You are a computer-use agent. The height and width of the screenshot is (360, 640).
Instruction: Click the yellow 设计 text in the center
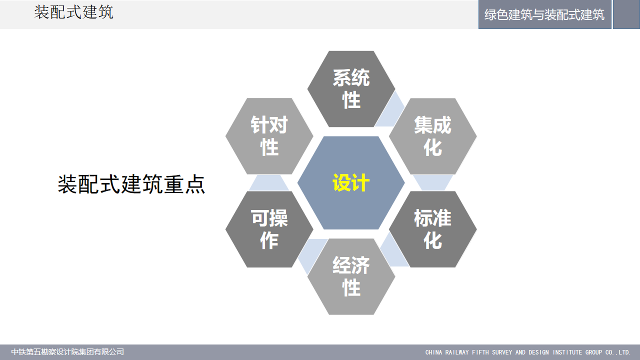[351, 183]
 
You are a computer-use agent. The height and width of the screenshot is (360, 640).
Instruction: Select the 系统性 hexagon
[351, 89]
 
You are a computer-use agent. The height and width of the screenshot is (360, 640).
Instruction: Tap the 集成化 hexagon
[433, 136]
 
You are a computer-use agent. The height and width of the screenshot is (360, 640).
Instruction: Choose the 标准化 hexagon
[433, 229]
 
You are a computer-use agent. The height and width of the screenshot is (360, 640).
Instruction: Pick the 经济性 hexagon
[351, 276]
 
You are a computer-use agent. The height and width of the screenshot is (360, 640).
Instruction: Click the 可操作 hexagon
[269, 229]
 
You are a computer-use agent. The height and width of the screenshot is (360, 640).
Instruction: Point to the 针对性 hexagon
[269, 136]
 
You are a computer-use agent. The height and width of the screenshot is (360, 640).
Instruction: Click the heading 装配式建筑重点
[131, 184]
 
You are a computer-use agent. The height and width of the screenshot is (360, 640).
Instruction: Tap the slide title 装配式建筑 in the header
[73, 12]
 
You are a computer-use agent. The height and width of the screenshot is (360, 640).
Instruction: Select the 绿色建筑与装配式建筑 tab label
[544, 14]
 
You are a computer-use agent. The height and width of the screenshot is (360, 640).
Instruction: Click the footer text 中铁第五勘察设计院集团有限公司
[67, 351]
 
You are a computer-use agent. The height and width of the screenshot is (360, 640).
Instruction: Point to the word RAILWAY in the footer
[457, 352]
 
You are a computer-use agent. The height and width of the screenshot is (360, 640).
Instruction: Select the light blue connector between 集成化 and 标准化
[433, 183]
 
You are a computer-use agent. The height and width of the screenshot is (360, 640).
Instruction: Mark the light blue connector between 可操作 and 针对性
[269, 183]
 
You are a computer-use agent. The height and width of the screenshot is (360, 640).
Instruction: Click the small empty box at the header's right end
[626, 14]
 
